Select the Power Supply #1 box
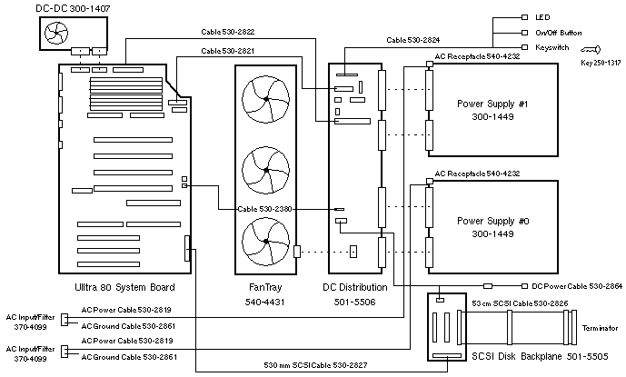pyautogui.click(x=492, y=110)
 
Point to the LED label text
pyautogui.click(x=542, y=17)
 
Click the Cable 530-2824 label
pyautogui.click(x=414, y=40)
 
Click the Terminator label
pyautogui.click(x=596, y=327)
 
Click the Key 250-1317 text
pyautogui.click(x=600, y=64)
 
